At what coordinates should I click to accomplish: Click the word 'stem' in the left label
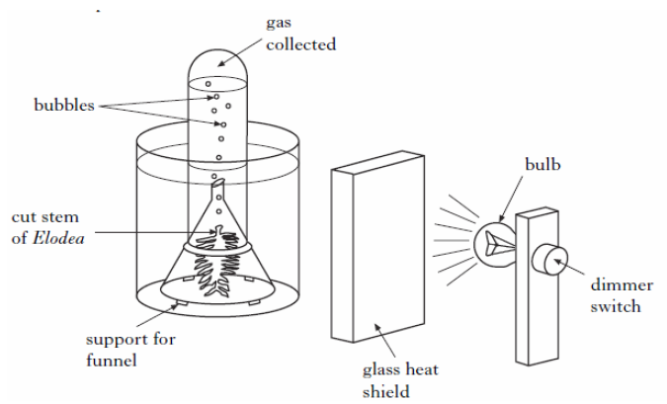83,216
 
